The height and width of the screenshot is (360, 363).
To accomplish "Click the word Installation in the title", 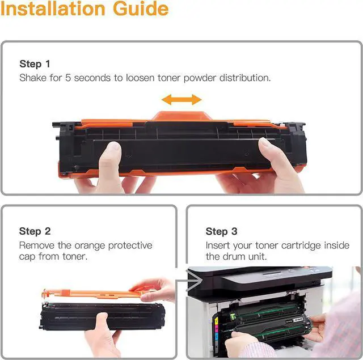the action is (53, 9).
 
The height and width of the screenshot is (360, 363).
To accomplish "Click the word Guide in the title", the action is (141, 9).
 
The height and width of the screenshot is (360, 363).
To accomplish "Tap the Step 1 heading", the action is (35, 64).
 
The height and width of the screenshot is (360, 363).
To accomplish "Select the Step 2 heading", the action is (35, 231).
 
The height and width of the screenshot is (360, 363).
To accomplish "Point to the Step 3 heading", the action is (222, 231).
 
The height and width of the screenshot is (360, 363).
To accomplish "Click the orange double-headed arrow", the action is (181, 100).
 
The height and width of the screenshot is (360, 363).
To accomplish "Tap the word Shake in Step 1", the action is (33, 78).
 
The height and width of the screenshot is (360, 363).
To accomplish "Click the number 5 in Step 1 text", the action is (68, 78).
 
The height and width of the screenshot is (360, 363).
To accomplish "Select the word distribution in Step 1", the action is (244, 78).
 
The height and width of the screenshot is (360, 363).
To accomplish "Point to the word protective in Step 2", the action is (130, 246).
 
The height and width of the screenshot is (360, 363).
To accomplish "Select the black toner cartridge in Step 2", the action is (103, 316).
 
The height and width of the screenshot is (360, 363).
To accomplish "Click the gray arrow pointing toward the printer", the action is (189, 281).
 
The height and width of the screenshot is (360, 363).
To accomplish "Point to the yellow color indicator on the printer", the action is (217, 321).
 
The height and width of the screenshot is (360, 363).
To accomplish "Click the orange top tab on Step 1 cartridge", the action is (181, 116).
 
